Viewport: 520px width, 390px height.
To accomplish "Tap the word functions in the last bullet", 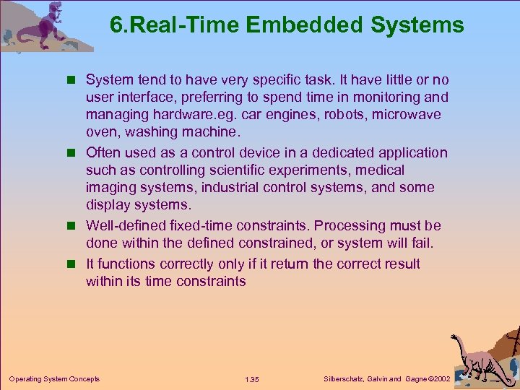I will coord(127,264).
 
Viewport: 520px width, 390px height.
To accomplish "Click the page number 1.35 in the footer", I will coord(252,379).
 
